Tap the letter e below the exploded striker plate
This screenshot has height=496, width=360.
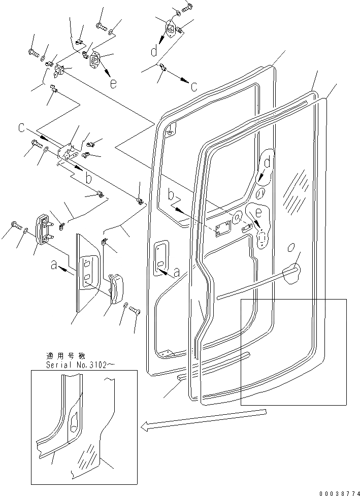coord(113,84)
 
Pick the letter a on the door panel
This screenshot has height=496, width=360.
coord(176,273)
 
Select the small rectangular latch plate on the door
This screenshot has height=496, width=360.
coord(221,229)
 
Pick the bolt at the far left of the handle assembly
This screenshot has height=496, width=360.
coord(14,224)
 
